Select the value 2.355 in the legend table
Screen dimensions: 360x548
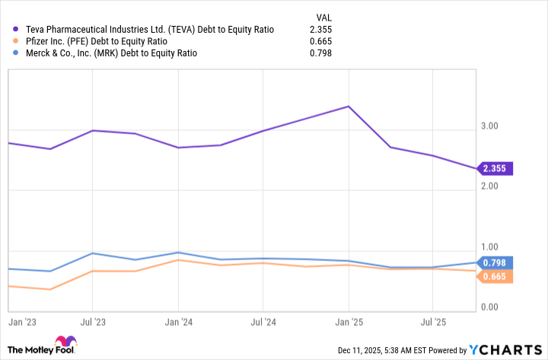[320, 30]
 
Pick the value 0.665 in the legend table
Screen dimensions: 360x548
[320, 42]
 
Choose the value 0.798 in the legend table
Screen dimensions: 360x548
[320, 54]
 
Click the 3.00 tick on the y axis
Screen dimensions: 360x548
[495, 126]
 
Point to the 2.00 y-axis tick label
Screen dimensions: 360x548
[495, 186]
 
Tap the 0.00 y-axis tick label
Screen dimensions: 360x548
[495, 307]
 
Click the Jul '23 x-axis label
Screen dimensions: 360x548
[92, 323]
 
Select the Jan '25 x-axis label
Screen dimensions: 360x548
[349, 323]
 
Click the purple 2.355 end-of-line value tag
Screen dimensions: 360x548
[496, 169]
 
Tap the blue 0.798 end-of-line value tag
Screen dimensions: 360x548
[496, 263]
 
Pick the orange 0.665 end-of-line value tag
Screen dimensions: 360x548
[496, 276]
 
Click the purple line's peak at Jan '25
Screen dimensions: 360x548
[349, 107]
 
